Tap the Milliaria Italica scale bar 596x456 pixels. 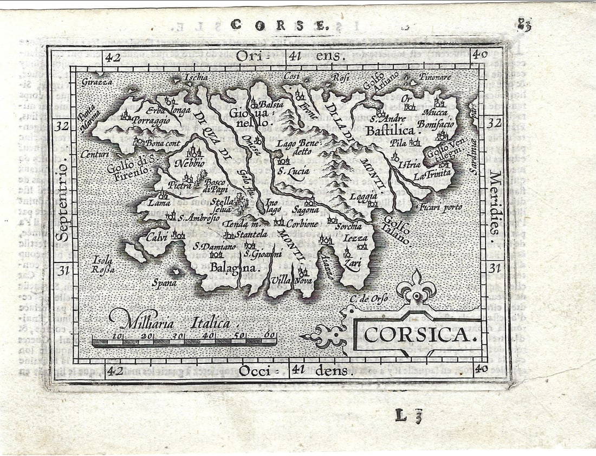[184, 341]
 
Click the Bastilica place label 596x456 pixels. [390, 131]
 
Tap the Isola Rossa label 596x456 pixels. [102, 264]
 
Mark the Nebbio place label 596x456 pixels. [190, 163]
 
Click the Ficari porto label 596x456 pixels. [440, 207]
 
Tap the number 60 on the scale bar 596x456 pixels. [269, 335]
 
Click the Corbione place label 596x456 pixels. [302, 223]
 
